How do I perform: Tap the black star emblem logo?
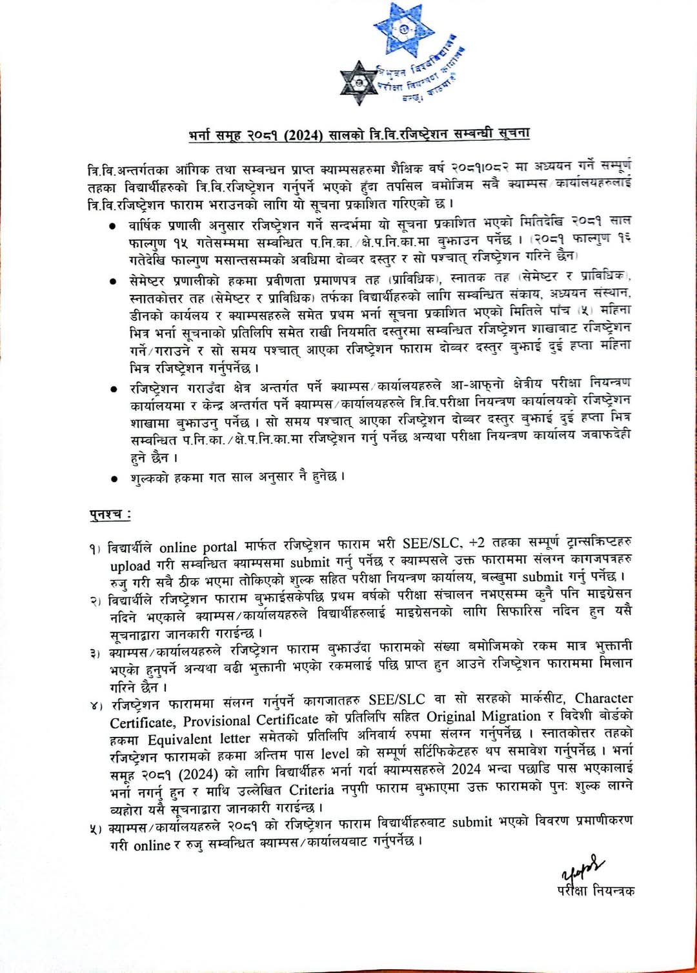click(359, 83)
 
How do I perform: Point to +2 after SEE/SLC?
click(477, 542)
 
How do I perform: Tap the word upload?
click(130, 566)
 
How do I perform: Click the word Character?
click(603, 698)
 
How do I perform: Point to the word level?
click(335, 754)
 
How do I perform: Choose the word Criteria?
click(312, 790)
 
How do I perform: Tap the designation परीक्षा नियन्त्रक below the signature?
click(595, 890)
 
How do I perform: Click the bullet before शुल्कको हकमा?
click(114, 479)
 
